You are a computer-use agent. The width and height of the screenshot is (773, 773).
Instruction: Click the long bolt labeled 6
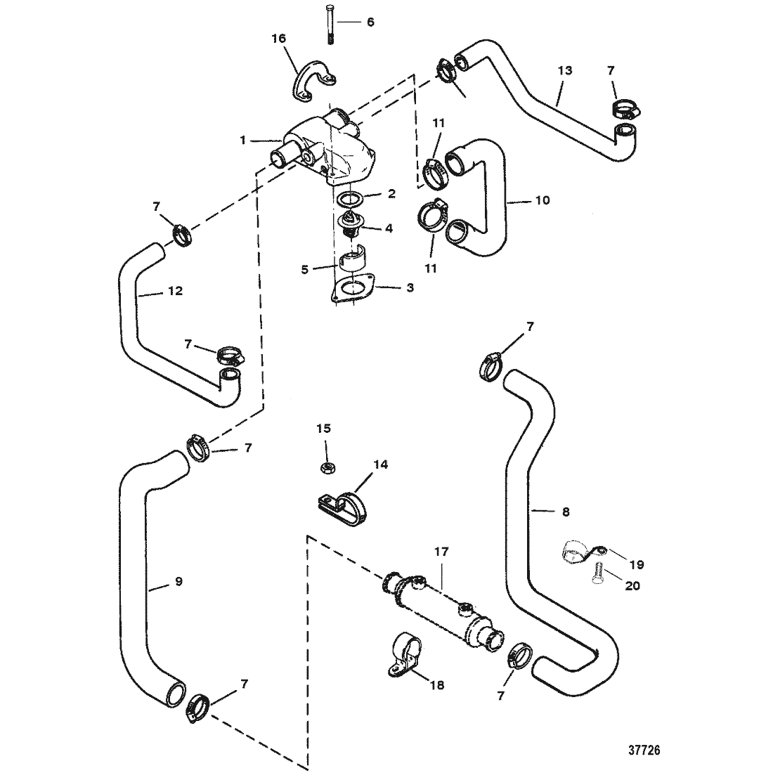tap(330, 24)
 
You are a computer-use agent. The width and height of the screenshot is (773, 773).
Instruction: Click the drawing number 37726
tap(644, 751)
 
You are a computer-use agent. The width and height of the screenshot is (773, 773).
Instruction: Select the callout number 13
tap(565, 70)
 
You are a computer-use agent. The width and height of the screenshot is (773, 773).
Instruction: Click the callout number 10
tap(543, 200)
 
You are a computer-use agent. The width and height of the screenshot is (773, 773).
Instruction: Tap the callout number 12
tap(176, 291)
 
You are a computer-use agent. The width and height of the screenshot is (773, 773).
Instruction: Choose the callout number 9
tap(179, 581)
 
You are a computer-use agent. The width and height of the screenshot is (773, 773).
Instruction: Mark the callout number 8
tap(566, 512)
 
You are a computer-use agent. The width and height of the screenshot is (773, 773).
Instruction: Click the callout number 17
tap(442, 552)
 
